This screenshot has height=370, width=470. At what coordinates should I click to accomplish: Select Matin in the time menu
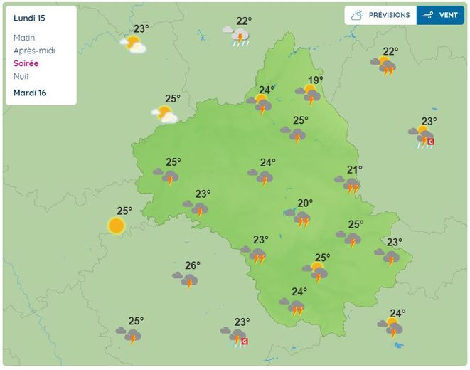(x=23, y=38)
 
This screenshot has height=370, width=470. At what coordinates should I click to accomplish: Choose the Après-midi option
(x=34, y=51)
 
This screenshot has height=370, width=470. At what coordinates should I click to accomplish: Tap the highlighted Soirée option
(x=26, y=63)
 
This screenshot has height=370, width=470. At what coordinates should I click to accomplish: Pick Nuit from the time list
(x=21, y=76)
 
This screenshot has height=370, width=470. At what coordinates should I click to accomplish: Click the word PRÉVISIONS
(x=389, y=15)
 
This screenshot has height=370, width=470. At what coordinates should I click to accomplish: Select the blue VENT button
(x=440, y=15)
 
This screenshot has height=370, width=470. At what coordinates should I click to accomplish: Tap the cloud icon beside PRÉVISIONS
(x=357, y=15)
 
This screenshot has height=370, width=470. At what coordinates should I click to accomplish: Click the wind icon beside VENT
(x=428, y=15)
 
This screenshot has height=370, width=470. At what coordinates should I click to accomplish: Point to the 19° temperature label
(x=315, y=80)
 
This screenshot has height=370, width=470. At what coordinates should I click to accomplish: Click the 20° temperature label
(x=304, y=203)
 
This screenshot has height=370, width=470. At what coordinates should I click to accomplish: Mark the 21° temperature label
(x=354, y=169)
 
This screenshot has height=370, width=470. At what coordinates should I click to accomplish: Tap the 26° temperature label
(x=192, y=265)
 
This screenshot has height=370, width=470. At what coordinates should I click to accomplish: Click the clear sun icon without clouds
(x=117, y=226)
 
